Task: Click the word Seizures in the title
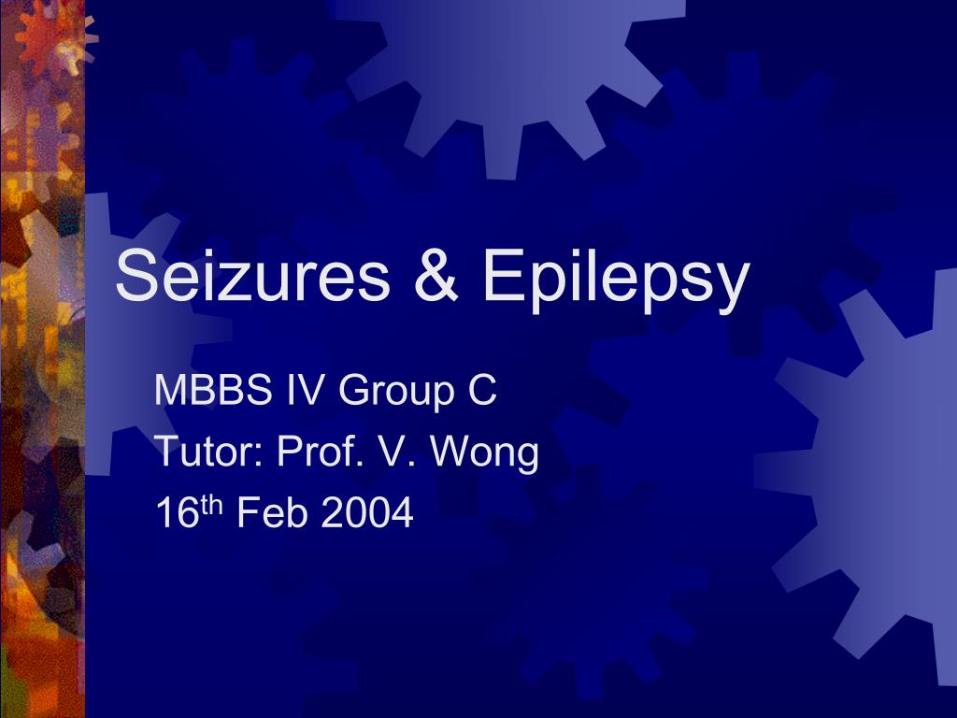point(252,275)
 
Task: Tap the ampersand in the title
point(436,275)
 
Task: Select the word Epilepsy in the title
point(616,280)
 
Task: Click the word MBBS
point(213,389)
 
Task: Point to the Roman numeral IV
point(305,389)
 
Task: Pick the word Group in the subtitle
point(396,393)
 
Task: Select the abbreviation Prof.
point(322,451)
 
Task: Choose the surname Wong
point(485,454)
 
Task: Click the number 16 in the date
point(178,512)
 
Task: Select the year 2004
point(367,512)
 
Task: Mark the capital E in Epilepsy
point(501,275)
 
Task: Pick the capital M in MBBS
point(170,389)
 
